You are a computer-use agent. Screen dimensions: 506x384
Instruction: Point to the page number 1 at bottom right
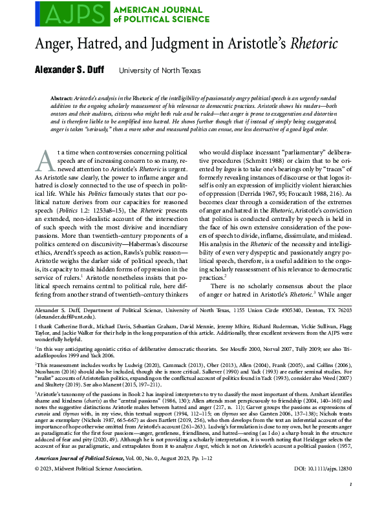pyautogui.click(x=349, y=500)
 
